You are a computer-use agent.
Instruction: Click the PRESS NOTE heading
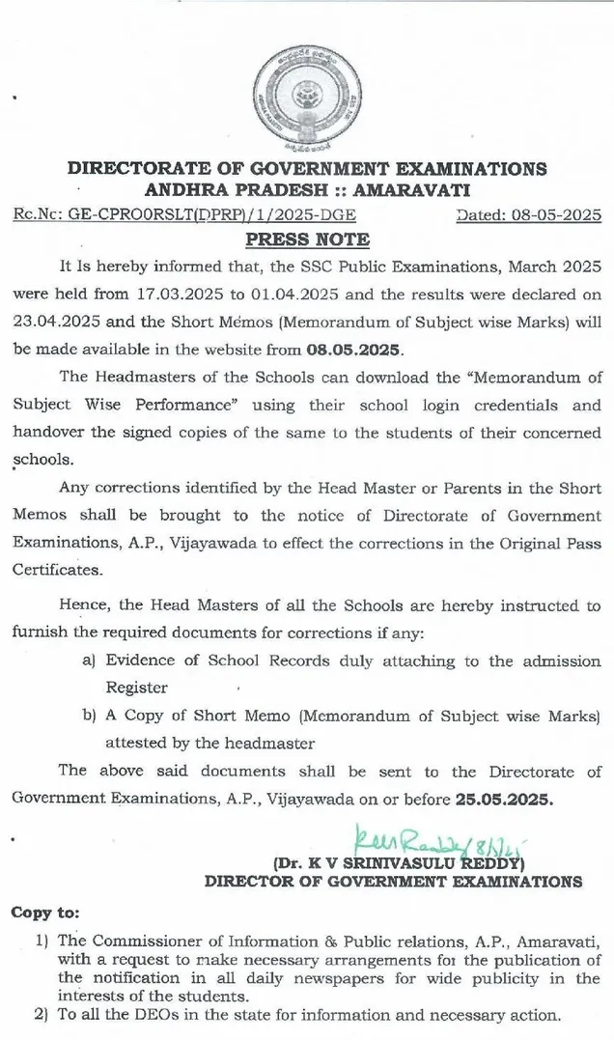click(x=306, y=239)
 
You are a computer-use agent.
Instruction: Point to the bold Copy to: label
click(x=45, y=912)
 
